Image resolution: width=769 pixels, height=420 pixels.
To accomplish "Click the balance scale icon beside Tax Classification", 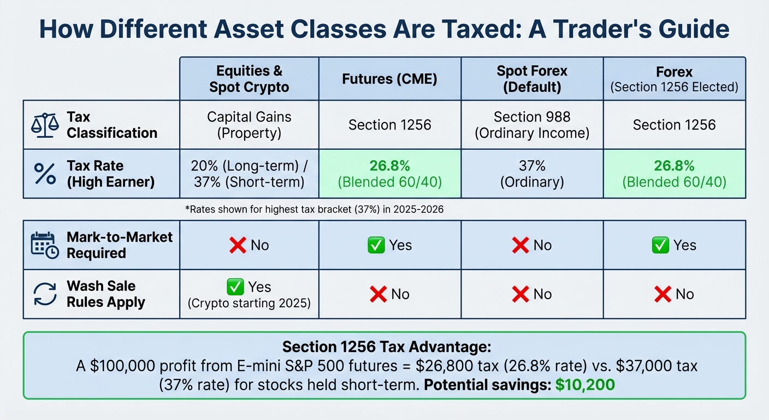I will point(45,125).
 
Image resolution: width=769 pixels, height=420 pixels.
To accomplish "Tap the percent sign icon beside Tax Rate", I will point(45,174).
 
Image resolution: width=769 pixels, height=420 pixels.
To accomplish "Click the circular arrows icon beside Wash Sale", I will point(45,294).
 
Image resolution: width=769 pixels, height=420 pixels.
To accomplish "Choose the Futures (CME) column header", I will point(389,79).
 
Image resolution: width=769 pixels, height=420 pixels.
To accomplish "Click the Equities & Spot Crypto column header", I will point(249,79).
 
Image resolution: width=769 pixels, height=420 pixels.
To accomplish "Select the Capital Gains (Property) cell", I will point(249,125).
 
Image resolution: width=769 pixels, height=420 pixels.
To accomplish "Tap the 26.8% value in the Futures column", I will point(389,166).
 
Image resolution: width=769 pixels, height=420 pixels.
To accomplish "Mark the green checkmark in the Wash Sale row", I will point(235,287).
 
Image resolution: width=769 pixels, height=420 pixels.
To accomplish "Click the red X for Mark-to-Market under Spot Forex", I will point(520,246).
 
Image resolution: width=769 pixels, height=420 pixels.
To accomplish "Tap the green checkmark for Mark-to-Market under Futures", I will point(376,246).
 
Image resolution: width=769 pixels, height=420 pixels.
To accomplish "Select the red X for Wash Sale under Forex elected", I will point(662,295).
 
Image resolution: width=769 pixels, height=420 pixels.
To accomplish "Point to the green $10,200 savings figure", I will point(585,384).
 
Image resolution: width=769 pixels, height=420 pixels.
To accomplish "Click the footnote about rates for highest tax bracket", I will point(315,209).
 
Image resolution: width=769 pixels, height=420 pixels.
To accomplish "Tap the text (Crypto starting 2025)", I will point(249,302).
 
